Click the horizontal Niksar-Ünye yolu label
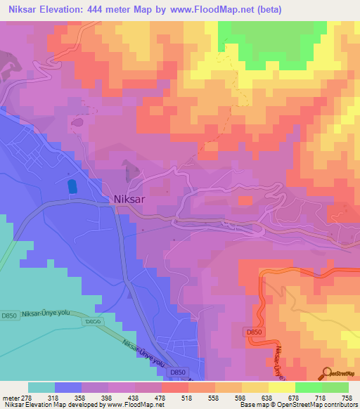[48, 314]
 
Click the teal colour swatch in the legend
[41, 387]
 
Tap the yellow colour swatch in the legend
[281, 387]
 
